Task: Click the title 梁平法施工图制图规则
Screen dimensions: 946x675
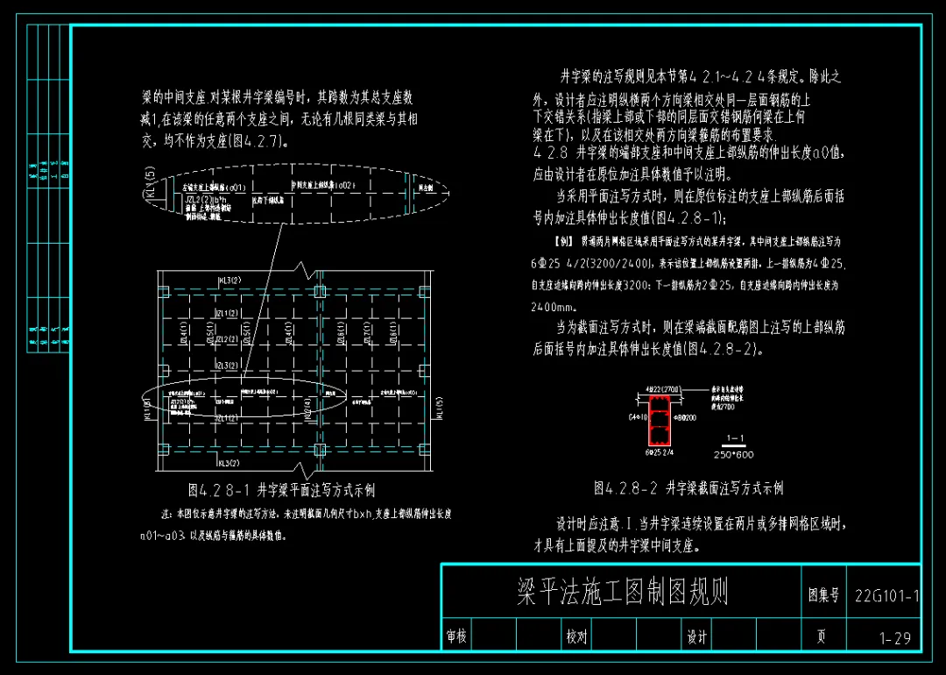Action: click(x=622, y=593)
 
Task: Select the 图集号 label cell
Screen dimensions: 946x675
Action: click(x=823, y=595)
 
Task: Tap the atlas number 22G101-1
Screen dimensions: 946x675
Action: click(x=886, y=596)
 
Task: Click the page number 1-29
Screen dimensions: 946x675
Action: click(x=894, y=638)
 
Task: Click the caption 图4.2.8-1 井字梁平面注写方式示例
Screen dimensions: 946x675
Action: click(x=281, y=490)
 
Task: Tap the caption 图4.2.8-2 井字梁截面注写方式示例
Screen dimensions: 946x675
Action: click(x=688, y=487)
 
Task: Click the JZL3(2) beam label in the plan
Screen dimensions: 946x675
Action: click(x=202, y=365)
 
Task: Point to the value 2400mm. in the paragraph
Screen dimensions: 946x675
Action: click(x=554, y=308)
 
